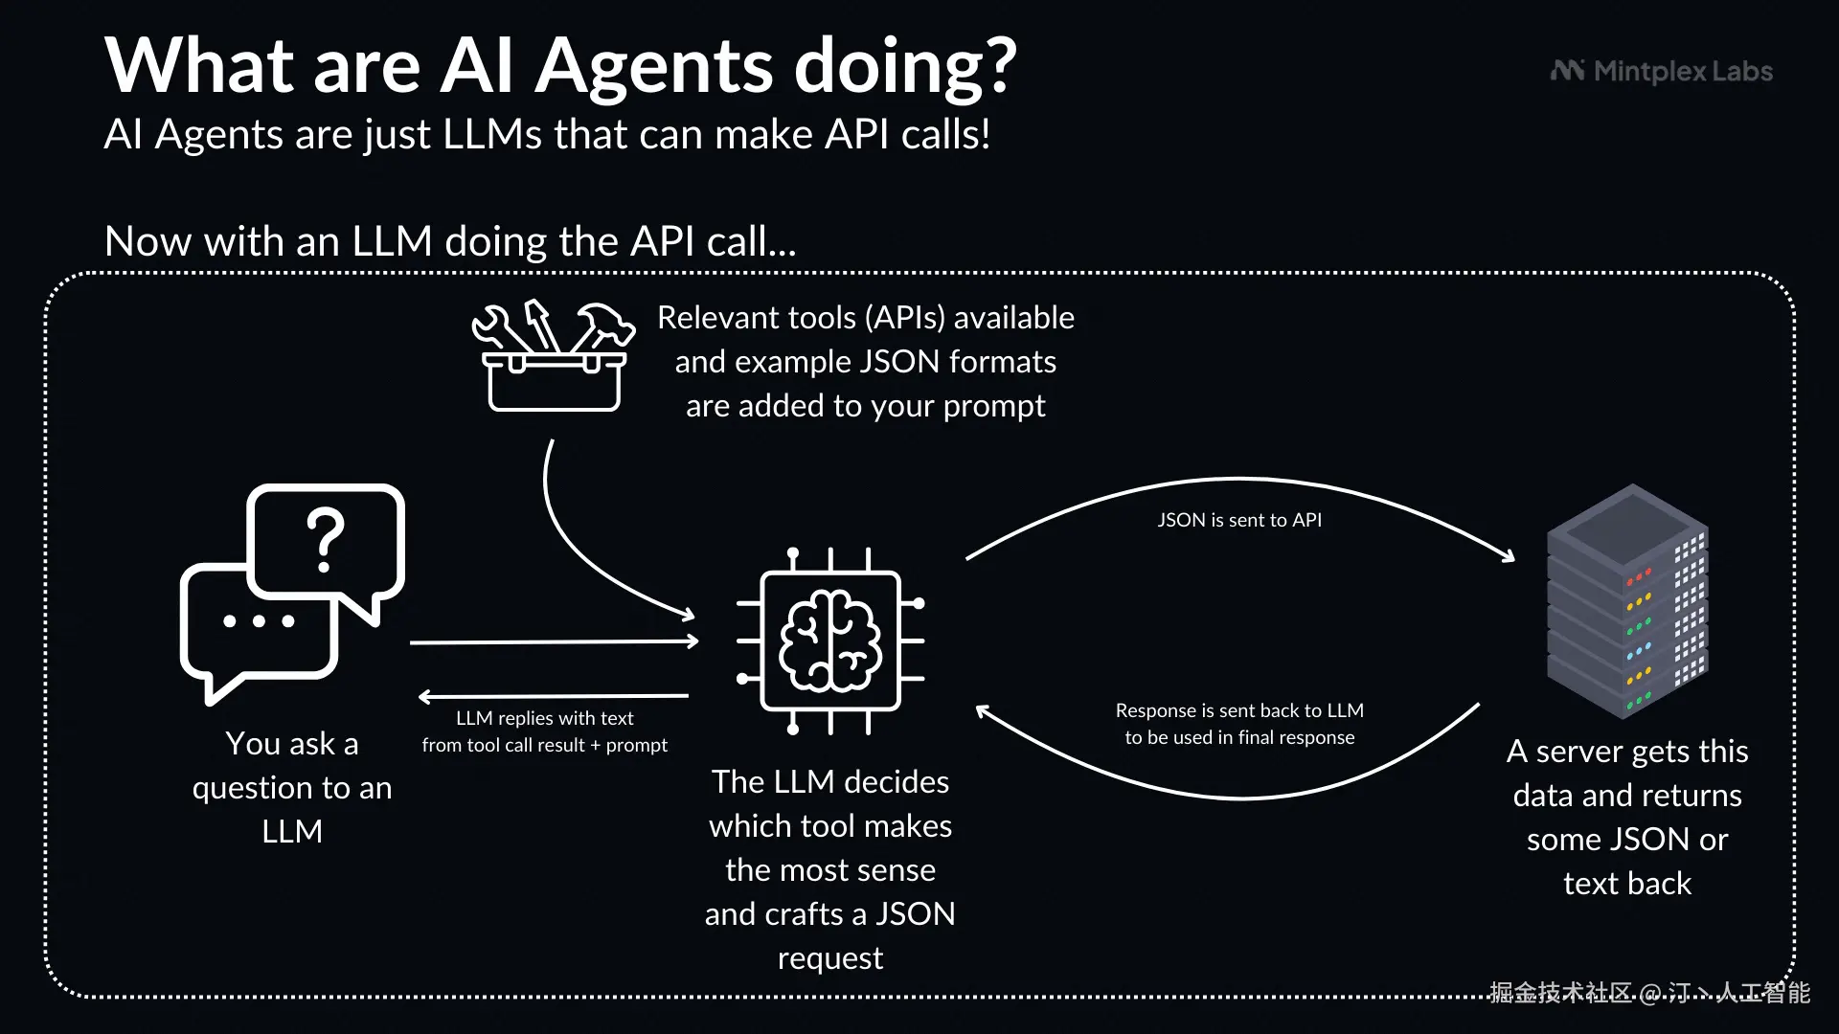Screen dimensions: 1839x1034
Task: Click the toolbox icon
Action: coord(554,356)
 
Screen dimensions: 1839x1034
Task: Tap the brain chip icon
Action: coord(830,641)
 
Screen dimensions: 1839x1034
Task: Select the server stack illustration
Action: coord(1627,601)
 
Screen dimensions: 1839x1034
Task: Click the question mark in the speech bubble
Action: coord(326,539)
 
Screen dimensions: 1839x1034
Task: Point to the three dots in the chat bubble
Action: coord(259,620)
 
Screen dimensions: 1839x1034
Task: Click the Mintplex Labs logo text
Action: coord(1683,72)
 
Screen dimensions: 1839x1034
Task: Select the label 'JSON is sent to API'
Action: coord(1239,520)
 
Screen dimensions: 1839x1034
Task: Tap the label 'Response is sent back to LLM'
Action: coord(1239,710)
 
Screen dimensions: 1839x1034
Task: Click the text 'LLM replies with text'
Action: coord(545,718)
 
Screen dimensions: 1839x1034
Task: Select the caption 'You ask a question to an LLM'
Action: coord(292,787)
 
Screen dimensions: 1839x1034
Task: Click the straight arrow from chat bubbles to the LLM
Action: coord(555,641)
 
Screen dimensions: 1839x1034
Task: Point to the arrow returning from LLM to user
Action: coord(554,696)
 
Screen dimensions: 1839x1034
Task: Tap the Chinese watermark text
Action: coord(1649,993)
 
